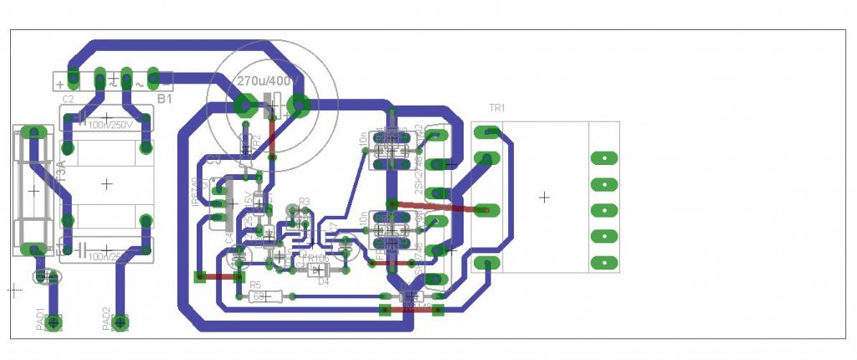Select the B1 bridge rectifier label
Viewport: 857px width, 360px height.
(165, 100)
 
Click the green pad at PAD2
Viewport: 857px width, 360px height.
(121, 321)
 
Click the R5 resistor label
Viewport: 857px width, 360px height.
(254, 285)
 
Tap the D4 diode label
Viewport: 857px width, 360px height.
(324, 282)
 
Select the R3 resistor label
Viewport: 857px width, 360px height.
(304, 202)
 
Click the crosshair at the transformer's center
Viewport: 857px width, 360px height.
(544, 198)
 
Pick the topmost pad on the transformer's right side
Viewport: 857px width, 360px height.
(603, 158)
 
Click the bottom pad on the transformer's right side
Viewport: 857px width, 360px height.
(603, 263)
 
